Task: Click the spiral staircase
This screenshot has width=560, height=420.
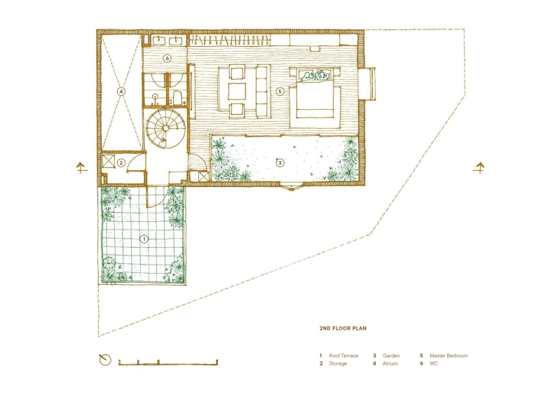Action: coord(164,131)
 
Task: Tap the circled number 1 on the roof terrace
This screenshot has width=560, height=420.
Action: coord(144,239)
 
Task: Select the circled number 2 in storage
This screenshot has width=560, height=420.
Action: coord(121,163)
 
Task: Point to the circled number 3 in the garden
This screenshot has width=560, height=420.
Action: coord(280,163)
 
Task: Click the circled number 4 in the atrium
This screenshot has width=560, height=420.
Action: coord(121,91)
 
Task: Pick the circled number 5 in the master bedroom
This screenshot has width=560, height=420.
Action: coord(280,91)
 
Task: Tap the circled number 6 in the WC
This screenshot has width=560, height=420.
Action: coord(168,58)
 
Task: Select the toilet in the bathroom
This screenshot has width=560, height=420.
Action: coord(177,97)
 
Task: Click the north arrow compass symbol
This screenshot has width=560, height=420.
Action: coord(104,360)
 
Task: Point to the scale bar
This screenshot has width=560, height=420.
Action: coord(168,363)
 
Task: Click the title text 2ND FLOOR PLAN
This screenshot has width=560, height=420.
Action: coord(343,328)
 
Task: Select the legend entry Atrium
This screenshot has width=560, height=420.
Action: coord(390,364)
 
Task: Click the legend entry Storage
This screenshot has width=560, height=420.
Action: coord(338,364)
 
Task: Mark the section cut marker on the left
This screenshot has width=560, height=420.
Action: coord(81,167)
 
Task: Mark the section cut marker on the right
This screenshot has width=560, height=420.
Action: coord(479,167)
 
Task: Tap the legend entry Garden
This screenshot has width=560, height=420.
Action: coord(391,356)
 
